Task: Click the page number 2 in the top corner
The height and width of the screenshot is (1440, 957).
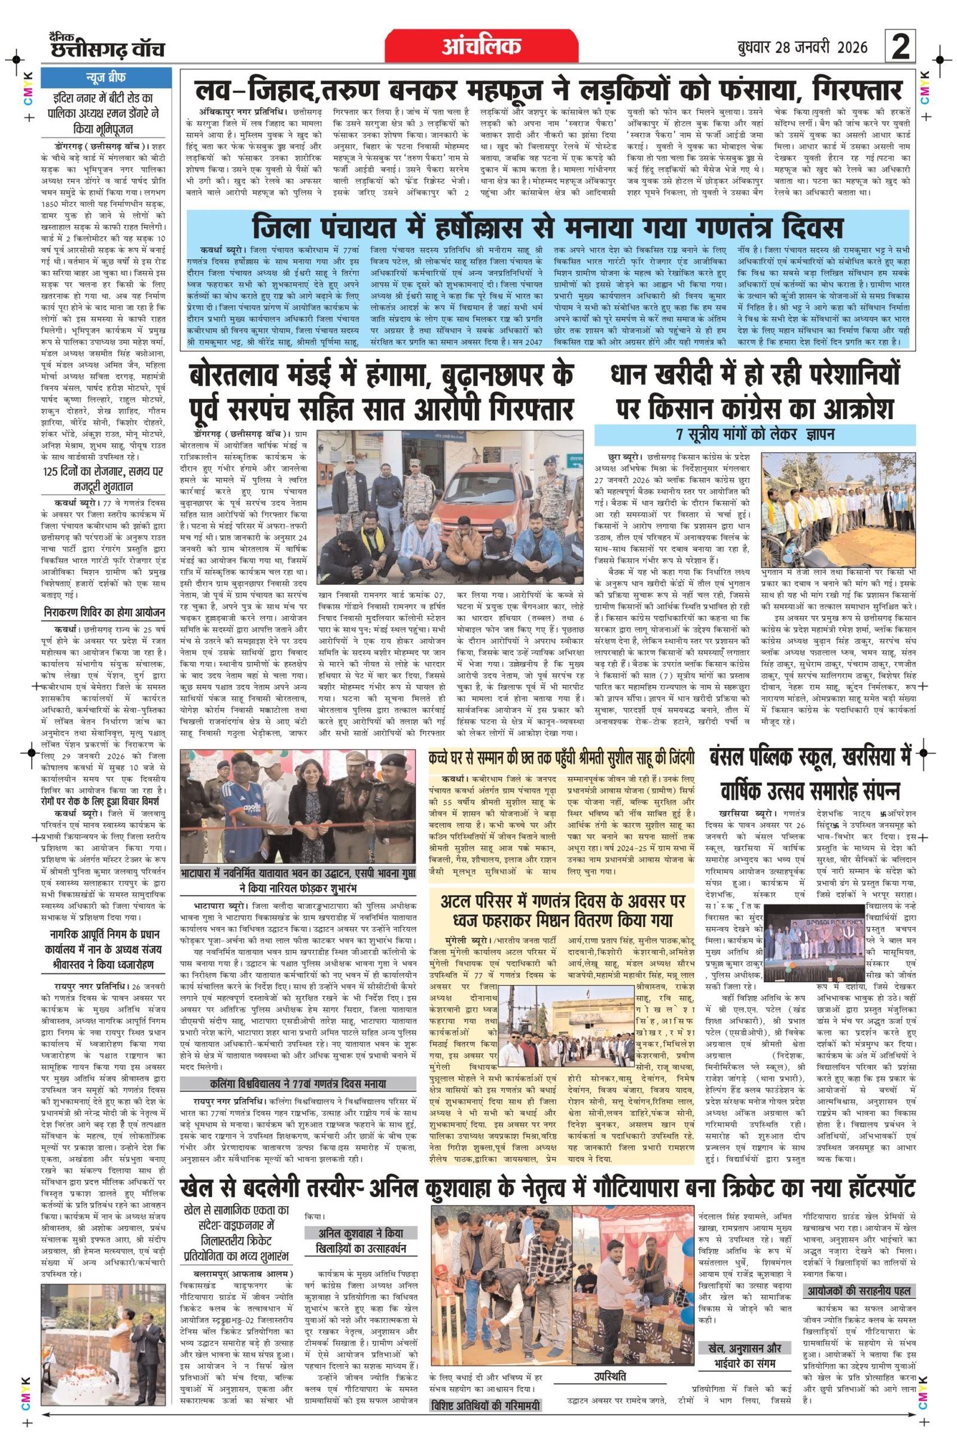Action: click(x=901, y=47)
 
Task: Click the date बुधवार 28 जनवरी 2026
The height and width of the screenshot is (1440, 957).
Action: click(x=802, y=48)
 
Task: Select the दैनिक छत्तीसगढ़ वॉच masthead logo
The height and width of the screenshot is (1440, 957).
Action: click(x=108, y=47)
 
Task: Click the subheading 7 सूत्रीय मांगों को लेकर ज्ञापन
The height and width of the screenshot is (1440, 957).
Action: click(x=755, y=434)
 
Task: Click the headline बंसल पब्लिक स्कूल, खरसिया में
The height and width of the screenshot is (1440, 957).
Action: click(x=810, y=758)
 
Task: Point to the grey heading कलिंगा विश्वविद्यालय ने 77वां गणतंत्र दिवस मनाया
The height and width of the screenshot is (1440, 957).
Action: click(x=298, y=1084)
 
